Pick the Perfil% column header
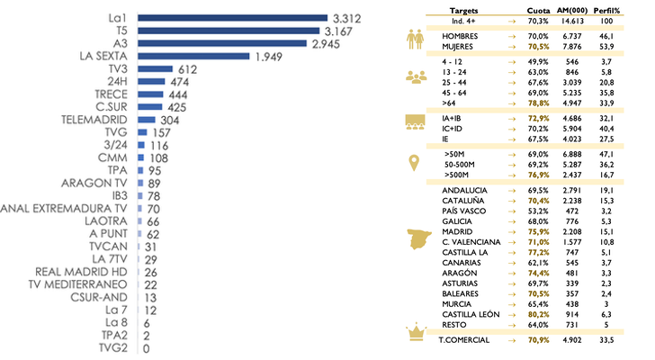[x=617, y=8]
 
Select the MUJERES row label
[x=458, y=46]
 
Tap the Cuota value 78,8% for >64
[x=537, y=103]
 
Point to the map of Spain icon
[x=417, y=239]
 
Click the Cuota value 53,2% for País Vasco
[x=537, y=211]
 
